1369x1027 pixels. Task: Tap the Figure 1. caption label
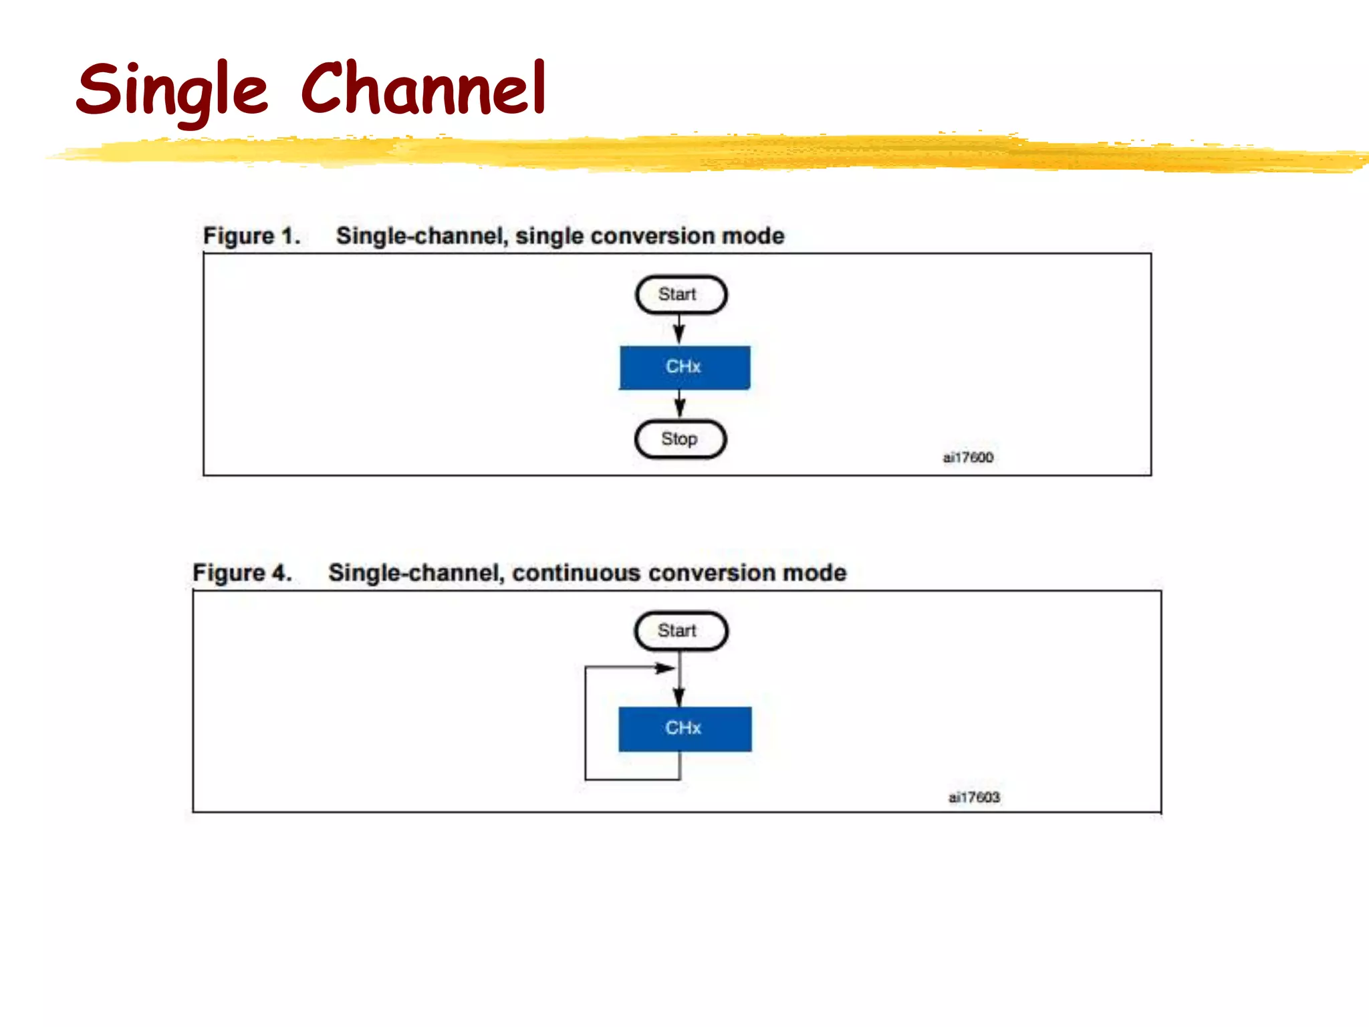[251, 236]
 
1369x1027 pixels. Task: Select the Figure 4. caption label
[242, 573]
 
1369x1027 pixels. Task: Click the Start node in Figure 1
[680, 295]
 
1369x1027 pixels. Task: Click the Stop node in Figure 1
[680, 439]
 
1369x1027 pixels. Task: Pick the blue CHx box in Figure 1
[684, 367]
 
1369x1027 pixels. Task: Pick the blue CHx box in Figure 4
[684, 729]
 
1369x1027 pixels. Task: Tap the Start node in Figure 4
[680, 631]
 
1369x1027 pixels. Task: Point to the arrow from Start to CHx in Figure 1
[679, 330]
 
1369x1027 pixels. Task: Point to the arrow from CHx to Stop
[680, 404]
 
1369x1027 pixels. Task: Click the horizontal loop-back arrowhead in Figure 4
[664, 668]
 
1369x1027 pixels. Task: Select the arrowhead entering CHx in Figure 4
[679, 697]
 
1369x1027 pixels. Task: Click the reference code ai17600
[967, 457]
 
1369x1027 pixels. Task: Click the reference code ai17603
[973, 797]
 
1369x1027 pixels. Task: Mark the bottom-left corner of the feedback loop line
[586, 779]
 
